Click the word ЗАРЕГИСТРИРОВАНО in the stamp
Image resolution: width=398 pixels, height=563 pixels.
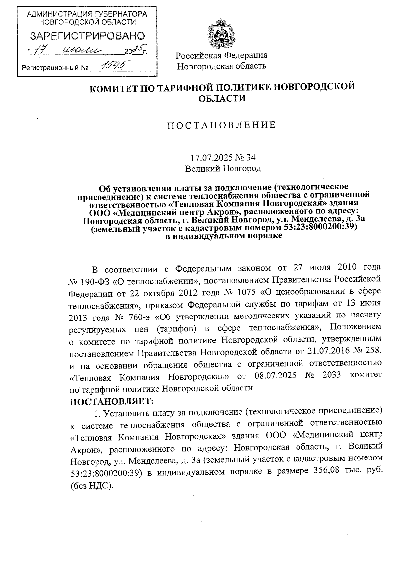(88, 36)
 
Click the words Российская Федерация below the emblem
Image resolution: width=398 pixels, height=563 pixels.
(221, 55)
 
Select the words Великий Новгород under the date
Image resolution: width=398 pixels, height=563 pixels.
(223, 169)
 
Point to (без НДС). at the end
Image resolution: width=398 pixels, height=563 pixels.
(92, 485)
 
